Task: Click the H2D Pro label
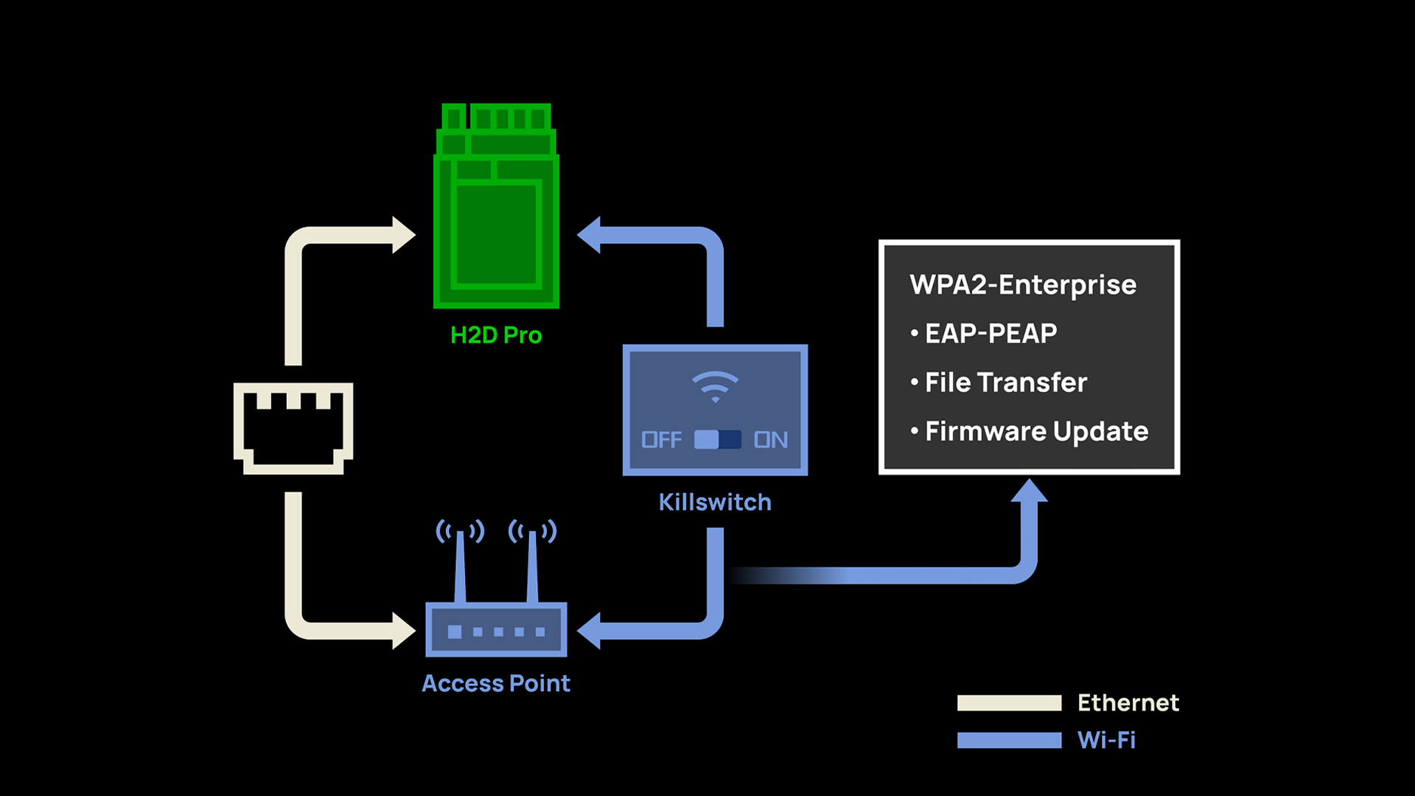pos(495,335)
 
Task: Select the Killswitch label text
pos(715,503)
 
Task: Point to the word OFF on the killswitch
pos(661,440)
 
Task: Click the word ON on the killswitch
pos(771,440)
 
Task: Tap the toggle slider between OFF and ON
pos(717,440)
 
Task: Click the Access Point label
pos(496,683)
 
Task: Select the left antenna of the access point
pos(460,564)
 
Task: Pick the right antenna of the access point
pos(532,564)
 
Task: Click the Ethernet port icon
pos(293,427)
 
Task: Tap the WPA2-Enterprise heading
pos(1023,284)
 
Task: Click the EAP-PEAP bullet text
pos(990,333)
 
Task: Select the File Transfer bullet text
pos(1005,383)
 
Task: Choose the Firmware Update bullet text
pos(1036,431)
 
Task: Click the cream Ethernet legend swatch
pos(1009,703)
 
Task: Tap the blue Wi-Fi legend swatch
pos(1009,740)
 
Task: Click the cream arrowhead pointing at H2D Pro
pos(403,235)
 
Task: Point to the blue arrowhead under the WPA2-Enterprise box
pos(1029,492)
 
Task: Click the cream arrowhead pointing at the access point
pos(403,631)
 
